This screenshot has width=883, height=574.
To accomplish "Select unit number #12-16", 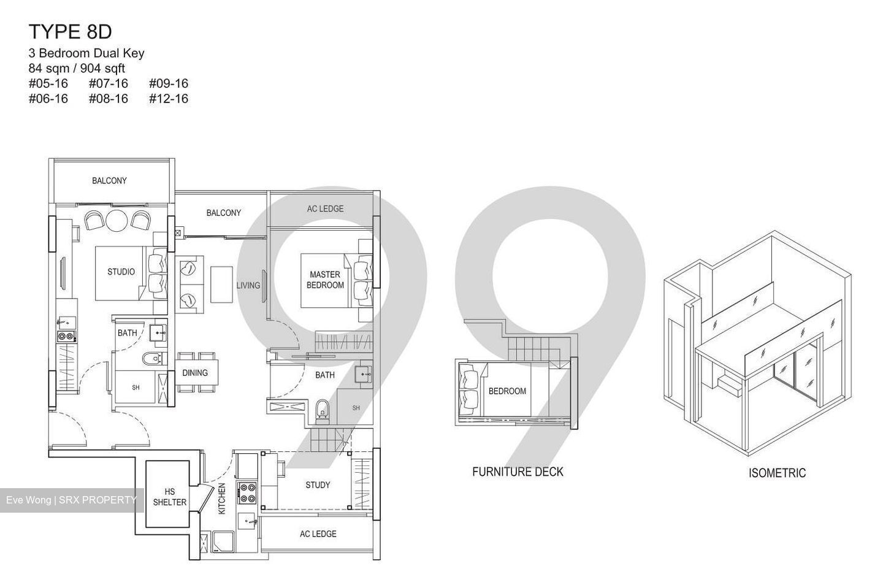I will pyautogui.click(x=168, y=99).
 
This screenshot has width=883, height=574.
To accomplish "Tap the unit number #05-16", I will pyautogui.click(x=48, y=83).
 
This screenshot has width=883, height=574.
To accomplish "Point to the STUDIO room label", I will pyautogui.click(x=121, y=272).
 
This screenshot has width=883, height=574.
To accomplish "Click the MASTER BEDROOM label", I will pyautogui.click(x=325, y=280).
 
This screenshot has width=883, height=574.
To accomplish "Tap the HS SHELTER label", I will pyautogui.click(x=169, y=497).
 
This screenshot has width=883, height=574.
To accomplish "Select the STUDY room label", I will pyautogui.click(x=318, y=485).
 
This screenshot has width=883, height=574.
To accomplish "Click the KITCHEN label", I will pyautogui.click(x=222, y=498).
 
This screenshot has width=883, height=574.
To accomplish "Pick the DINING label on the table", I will pyautogui.click(x=195, y=372).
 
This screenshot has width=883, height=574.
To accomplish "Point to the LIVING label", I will pyautogui.click(x=248, y=285).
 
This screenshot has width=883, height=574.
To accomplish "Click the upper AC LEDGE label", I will pyautogui.click(x=325, y=209).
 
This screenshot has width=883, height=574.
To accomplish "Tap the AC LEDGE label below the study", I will pyautogui.click(x=318, y=534).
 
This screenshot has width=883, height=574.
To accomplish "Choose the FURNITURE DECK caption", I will pyautogui.click(x=518, y=472).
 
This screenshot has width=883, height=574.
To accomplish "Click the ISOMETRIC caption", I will pyautogui.click(x=777, y=473).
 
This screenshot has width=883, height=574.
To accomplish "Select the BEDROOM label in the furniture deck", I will pyautogui.click(x=507, y=391).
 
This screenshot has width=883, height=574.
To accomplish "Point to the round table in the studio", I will pyautogui.click(x=117, y=220).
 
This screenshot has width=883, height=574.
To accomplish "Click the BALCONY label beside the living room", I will pyautogui.click(x=223, y=213).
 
